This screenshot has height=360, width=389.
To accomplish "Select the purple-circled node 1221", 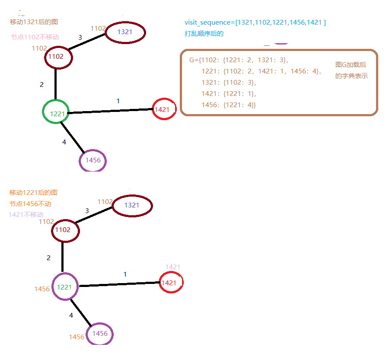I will (x=65, y=287).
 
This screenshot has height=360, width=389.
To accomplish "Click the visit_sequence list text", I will (x=255, y=22).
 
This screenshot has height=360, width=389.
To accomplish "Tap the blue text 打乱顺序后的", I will (x=204, y=33).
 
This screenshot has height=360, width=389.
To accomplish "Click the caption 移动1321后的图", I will (x=34, y=22).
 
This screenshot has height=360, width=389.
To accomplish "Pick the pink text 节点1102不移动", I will (x=35, y=37).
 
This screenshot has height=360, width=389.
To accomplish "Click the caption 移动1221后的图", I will (x=33, y=192).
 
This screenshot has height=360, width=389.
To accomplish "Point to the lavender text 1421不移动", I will (x=26, y=215).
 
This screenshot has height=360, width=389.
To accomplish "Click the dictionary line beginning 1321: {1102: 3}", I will (x=229, y=82).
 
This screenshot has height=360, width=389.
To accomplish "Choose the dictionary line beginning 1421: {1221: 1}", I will (x=229, y=93).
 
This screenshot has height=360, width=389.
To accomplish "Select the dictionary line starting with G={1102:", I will (x=239, y=60).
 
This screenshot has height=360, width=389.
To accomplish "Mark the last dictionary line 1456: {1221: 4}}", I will (x=229, y=105).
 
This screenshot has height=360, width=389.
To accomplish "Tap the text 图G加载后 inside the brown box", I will (x=351, y=65).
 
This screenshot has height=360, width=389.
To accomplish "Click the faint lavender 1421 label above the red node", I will (x=172, y=267).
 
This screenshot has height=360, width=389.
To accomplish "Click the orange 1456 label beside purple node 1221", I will (x=42, y=289).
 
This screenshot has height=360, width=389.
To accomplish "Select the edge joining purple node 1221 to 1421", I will (x=119, y=284).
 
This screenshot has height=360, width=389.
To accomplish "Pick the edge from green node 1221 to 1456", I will (x=73, y=137).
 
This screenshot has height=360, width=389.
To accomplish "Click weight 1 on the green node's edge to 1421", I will (x=118, y=101).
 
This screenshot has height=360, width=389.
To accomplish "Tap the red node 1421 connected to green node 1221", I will (x=164, y=109).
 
